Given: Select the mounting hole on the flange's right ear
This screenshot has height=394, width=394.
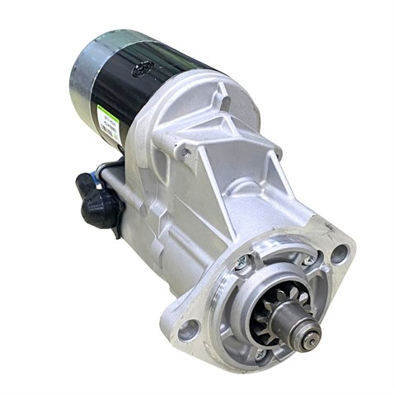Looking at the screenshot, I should (338, 254).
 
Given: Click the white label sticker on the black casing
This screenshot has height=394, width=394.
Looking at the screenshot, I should (106, 124).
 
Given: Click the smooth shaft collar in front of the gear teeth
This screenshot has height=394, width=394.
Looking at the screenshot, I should (297, 321).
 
